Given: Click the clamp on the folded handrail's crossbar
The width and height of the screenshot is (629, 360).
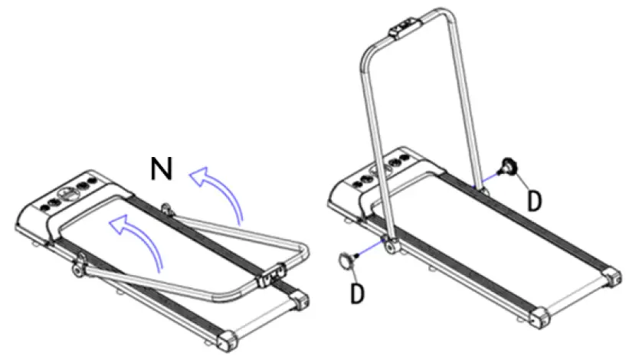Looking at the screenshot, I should click(x=272, y=273).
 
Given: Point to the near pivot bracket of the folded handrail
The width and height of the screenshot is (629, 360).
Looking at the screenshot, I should click(x=77, y=268).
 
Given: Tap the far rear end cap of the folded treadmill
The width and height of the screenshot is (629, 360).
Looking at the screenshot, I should click(x=303, y=301).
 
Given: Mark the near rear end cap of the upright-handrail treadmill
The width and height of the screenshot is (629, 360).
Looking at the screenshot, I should click(x=540, y=316).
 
